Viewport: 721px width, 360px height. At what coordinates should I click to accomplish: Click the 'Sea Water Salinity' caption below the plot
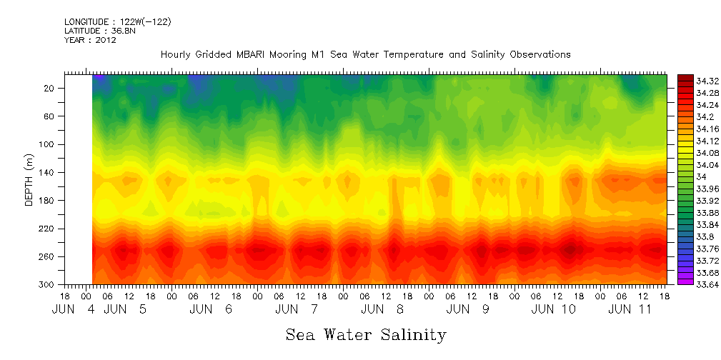pyautogui.click(x=366, y=334)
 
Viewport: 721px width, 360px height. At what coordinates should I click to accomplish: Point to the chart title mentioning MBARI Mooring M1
pyautogui.click(x=365, y=55)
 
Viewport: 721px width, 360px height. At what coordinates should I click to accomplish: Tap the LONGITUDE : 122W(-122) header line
pyautogui.click(x=117, y=22)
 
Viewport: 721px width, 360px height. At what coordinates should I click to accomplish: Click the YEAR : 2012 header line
pyautogui.click(x=90, y=40)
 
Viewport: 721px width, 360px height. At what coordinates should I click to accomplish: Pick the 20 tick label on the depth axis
pyautogui.click(x=50, y=88)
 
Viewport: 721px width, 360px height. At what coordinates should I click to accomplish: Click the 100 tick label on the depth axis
pyautogui.click(x=48, y=144)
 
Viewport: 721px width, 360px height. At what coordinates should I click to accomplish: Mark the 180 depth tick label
pyautogui.click(x=48, y=201)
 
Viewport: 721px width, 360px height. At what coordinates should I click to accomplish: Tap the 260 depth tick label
pyautogui.click(x=48, y=256)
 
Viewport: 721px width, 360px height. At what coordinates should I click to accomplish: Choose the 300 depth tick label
pyautogui.click(x=48, y=285)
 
